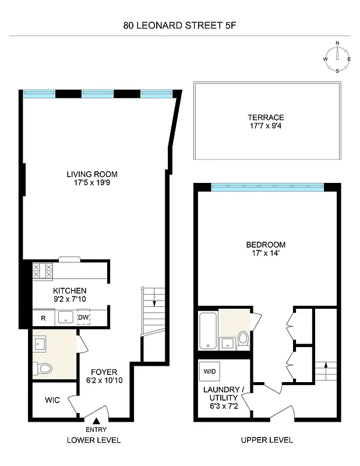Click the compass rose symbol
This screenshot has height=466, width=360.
click(x=337, y=59)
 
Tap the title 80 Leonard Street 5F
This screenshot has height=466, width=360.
click(x=180, y=25)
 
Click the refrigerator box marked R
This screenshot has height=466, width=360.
click(x=43, y=318)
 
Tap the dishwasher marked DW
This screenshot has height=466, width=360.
click(x=84, y=317)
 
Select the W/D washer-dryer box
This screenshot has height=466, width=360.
click(x=209, y=371)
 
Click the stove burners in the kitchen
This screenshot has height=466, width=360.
click(x=43, y=270)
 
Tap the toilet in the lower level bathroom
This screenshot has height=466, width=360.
click(x=44, y=368)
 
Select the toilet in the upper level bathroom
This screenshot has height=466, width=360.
click(x=242, y=339)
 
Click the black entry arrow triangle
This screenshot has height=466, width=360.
click(x=97, y=421)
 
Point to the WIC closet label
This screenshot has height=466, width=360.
click(x=54, y=401)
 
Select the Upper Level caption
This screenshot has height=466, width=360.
click(x=267, y=440)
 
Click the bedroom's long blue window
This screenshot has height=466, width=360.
click(x=267, y=187)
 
